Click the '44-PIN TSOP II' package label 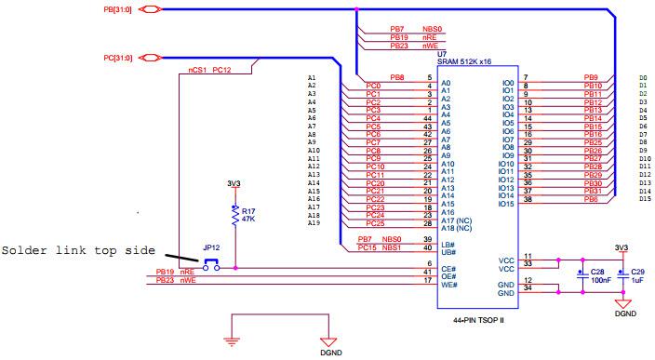click(x=477, y=319)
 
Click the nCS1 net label click(x=197, y=70)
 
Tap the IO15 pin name click(x=507, y=204)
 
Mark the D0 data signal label click(x=643, y=78)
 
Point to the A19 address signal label click(x=313, y=223)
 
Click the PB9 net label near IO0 click(x=591, y=77)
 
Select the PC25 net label click(x=375, y=223)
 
